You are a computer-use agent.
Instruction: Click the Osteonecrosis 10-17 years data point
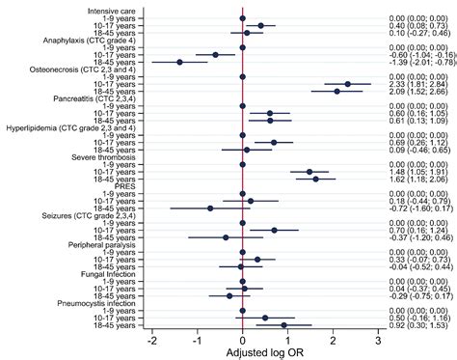347,84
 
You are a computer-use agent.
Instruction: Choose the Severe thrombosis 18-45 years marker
315,179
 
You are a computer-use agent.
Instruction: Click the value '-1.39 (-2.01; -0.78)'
416,62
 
